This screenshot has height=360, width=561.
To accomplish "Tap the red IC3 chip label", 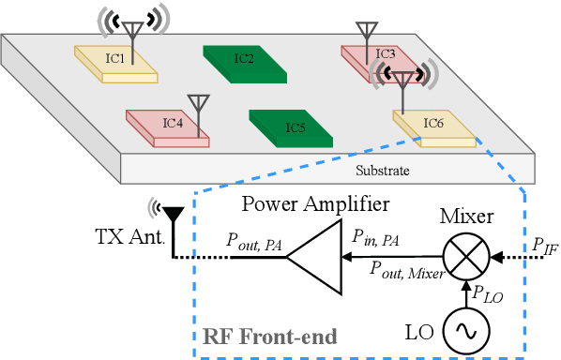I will pos(386,53).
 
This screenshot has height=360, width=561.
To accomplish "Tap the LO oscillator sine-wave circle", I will pos(464,331).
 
